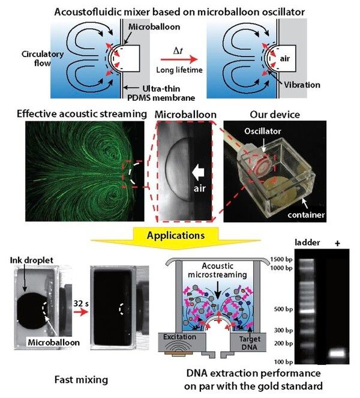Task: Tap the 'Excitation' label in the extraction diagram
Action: click(178, 338)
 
